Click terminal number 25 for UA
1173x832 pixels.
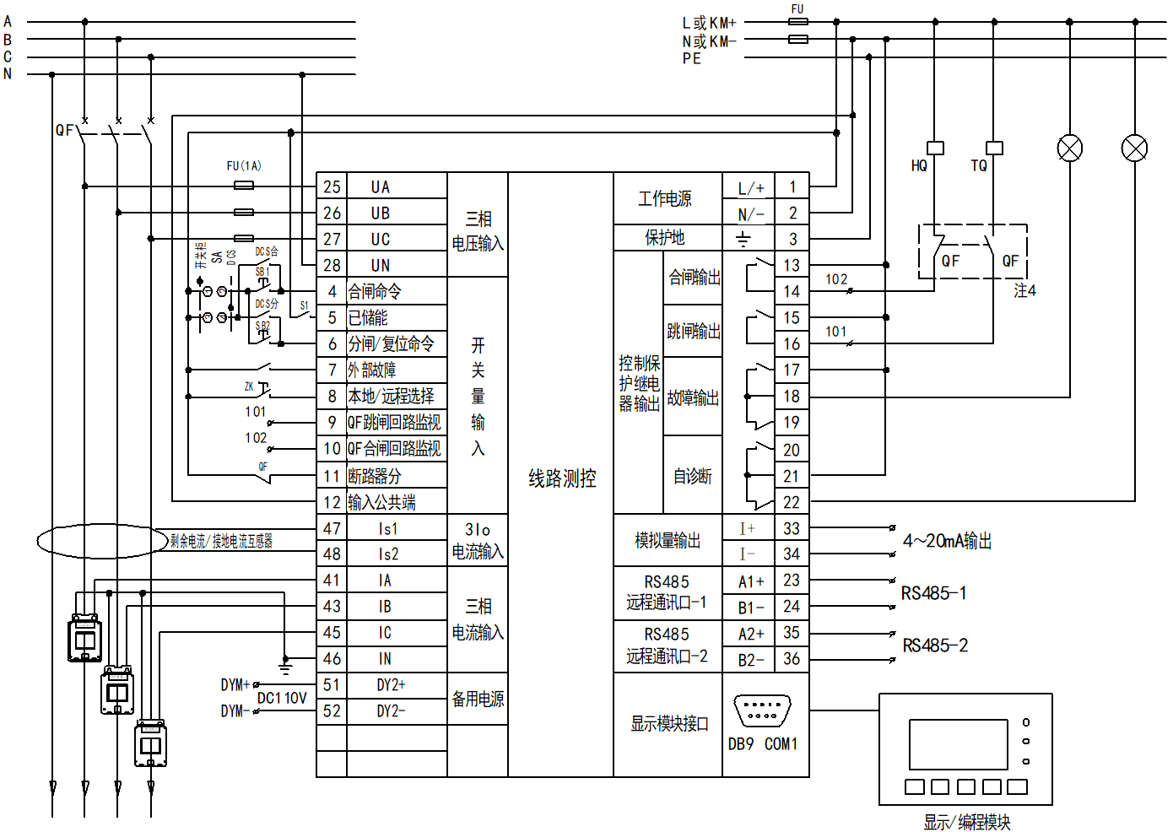[x=332, y=186]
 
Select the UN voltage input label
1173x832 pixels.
[x=381, y=265]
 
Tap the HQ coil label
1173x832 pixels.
[x=919, y=166]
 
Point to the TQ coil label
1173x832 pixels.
[x=979, y=166]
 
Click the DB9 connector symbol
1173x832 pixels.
[x=762, y=710]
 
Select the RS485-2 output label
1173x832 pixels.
[x=935, y=646]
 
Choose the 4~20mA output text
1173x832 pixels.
[x=947, y=541]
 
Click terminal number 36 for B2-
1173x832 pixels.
[x=792, y=659]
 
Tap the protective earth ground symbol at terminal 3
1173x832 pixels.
[x=743, y=240]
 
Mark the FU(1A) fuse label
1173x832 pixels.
[x=244, y=166]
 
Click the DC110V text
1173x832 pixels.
[x=282, y=699]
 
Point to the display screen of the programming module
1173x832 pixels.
[x=958, y=743]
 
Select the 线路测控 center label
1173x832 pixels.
[x=562, y=478]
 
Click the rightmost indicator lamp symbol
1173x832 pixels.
[x=1134, y=149]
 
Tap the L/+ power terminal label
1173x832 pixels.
[x=750, y=188]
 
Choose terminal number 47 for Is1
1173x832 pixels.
[x=332, y=529]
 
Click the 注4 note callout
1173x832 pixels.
[x=1024, y=290]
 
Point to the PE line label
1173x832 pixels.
[x=692, y=58]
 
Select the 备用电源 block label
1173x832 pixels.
[x=478, y=699]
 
